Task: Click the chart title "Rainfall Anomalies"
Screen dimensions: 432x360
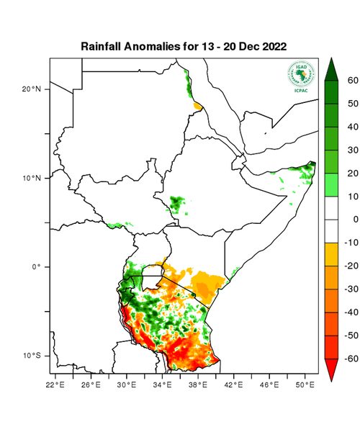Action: coord(133,46)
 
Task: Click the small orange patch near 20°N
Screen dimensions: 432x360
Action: coord(197,107)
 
